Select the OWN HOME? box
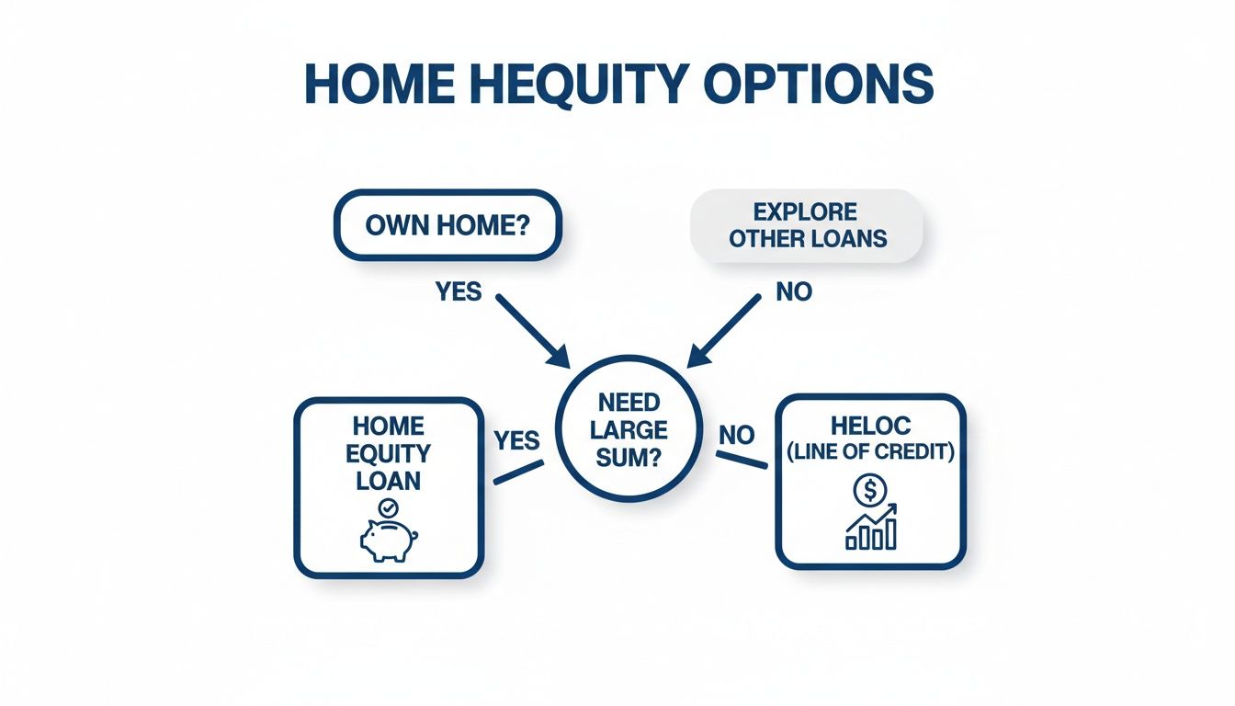[x=448, y=225]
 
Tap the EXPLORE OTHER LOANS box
[x=807, y=225]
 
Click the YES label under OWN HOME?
[x=459, y=292]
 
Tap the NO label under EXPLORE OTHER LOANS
[x=794, y=292]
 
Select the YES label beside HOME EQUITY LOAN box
[x=516, y=440]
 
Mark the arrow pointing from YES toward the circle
[x=532, y=328]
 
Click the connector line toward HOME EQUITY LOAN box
[x=518, y=473]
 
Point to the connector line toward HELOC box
[x=741, y=461]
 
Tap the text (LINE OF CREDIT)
[x=870, y=451]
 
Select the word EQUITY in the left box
[x=388, y=454]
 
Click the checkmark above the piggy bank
[x=388, y=507]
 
